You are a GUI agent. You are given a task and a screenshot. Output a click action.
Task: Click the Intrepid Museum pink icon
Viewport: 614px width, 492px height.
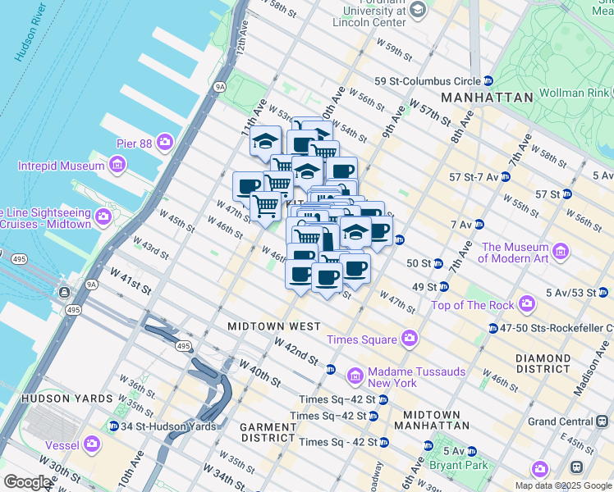pyautogui.click(x=117, y=166)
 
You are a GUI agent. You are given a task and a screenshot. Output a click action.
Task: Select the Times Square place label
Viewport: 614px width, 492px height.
pyautogui.click(x=362, y=339)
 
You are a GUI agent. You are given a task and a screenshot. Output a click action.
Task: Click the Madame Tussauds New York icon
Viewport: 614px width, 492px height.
pyautogui.click(x=355, y=376)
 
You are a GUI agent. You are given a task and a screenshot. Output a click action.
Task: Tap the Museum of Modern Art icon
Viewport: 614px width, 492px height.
pyautogui.click(x=562, y=250)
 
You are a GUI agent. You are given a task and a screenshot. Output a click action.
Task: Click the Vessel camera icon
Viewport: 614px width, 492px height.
pyautogui.click(x=91, y=445)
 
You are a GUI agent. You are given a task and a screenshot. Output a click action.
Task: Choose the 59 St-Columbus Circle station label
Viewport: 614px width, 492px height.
pyautogui.click(x=427, y=81)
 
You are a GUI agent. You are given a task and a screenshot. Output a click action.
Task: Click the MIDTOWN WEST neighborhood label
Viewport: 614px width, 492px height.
pyautogui.click(x=274, y=326)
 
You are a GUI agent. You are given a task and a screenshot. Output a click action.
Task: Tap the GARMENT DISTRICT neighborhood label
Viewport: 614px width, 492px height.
pyautogui.click(x=268, y=434)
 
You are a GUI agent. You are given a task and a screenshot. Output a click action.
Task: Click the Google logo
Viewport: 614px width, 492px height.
pyautogui.click(x=27, y=482)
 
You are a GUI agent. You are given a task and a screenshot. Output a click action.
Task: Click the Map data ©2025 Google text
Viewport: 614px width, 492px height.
pyautogui.click(x=562, y=485)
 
